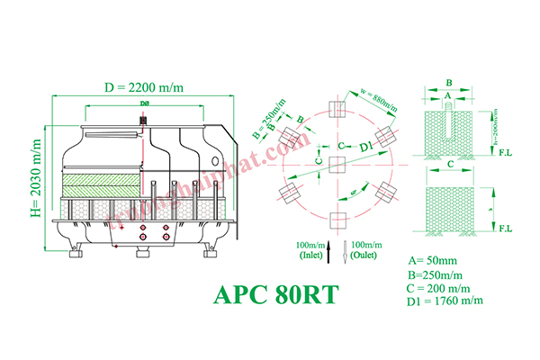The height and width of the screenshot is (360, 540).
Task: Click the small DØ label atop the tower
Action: pos(144,105)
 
